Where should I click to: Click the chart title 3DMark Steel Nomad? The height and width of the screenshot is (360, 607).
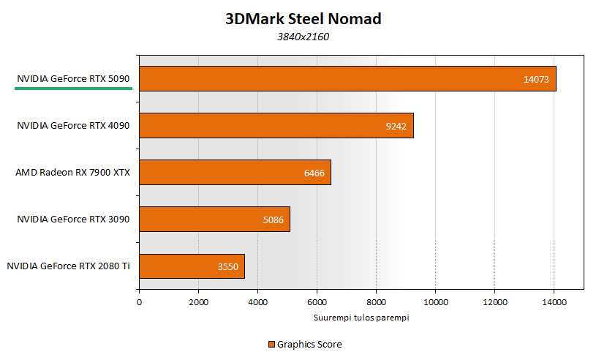[x=303, y=19]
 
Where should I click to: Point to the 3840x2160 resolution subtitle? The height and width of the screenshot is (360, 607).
[x=303, y=37]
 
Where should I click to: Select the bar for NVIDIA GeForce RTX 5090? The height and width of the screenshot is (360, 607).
[x=347, y=79]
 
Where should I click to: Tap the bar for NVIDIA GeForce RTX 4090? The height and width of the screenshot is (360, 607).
[x=276, y=126]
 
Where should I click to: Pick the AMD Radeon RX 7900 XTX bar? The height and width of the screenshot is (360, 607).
[x=235, y=173]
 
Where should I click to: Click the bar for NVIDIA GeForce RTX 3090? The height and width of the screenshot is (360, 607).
[x=214, y=220]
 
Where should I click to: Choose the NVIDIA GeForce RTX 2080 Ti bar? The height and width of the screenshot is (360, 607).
[x=192, y=266]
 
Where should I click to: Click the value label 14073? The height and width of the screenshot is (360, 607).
[x=536, y=79]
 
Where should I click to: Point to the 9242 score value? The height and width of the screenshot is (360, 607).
[x=396, y=126]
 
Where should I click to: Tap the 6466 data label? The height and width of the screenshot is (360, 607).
[x=314, y=173]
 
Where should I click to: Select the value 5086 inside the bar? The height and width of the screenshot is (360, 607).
[x=274, y=220]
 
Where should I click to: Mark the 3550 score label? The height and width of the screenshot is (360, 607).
[x=228, y=266]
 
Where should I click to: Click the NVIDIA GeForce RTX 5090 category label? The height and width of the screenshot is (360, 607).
[x=73, y=79]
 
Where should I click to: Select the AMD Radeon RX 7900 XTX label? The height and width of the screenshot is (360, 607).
[x=72, y=173]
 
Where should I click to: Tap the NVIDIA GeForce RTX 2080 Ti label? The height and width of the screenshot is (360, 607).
[x=68, y=266]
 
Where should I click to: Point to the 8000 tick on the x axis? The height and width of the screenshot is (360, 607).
[x=376, y=301]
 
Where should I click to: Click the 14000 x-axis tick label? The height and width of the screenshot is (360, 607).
[x=554, y=301]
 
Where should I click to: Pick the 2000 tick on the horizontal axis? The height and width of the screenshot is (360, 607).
[x=198, y=301]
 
